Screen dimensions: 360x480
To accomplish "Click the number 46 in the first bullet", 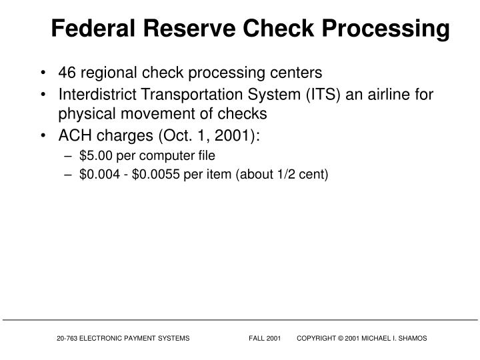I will pyautogui.click(x=67, y=72).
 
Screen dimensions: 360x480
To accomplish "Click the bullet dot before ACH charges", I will pyautogui.click(x=43, y=136).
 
